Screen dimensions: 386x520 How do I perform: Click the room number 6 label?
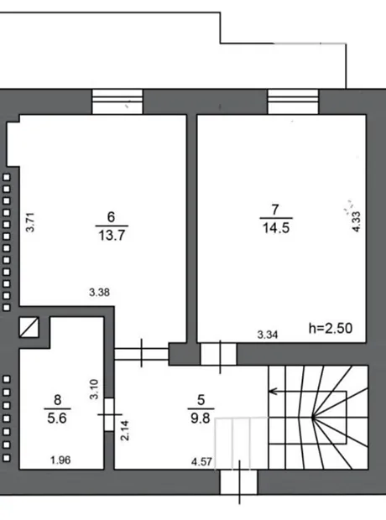(x=112, y=217)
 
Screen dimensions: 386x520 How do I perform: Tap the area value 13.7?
(x=112, y=236)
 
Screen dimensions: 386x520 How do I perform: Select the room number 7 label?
(x=275, y=210)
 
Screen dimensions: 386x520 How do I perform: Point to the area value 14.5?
(x=276, y=228)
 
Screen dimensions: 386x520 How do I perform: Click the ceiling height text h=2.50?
(x=331, y=328)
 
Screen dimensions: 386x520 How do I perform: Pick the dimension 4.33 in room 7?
(x=356, y=221)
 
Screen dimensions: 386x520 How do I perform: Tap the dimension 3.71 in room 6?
(x=30, y=222)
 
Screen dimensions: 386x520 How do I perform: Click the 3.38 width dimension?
(x=99, y=293)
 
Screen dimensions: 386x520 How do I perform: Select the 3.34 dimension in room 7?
(x=268, y=335)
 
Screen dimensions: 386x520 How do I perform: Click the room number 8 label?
(x=57, y=400)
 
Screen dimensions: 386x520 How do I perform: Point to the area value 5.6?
(x=57, y=419)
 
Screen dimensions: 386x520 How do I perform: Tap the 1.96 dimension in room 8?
(x=60, y=460)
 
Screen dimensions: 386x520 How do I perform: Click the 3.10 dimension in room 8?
(x=95, y=389)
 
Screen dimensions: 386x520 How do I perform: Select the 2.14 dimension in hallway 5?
(x=125, y=430)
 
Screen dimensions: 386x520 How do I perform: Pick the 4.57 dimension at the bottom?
(x=201, y=461)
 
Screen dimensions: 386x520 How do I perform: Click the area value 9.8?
(x=201, y=419)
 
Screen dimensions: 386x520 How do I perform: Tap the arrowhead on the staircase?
(x=273, y=392)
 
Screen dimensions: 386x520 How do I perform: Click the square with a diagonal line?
(x=29, y=327)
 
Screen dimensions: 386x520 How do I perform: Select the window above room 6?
(x=117, y=101)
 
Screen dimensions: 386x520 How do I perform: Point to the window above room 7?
(x=293, y=101)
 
